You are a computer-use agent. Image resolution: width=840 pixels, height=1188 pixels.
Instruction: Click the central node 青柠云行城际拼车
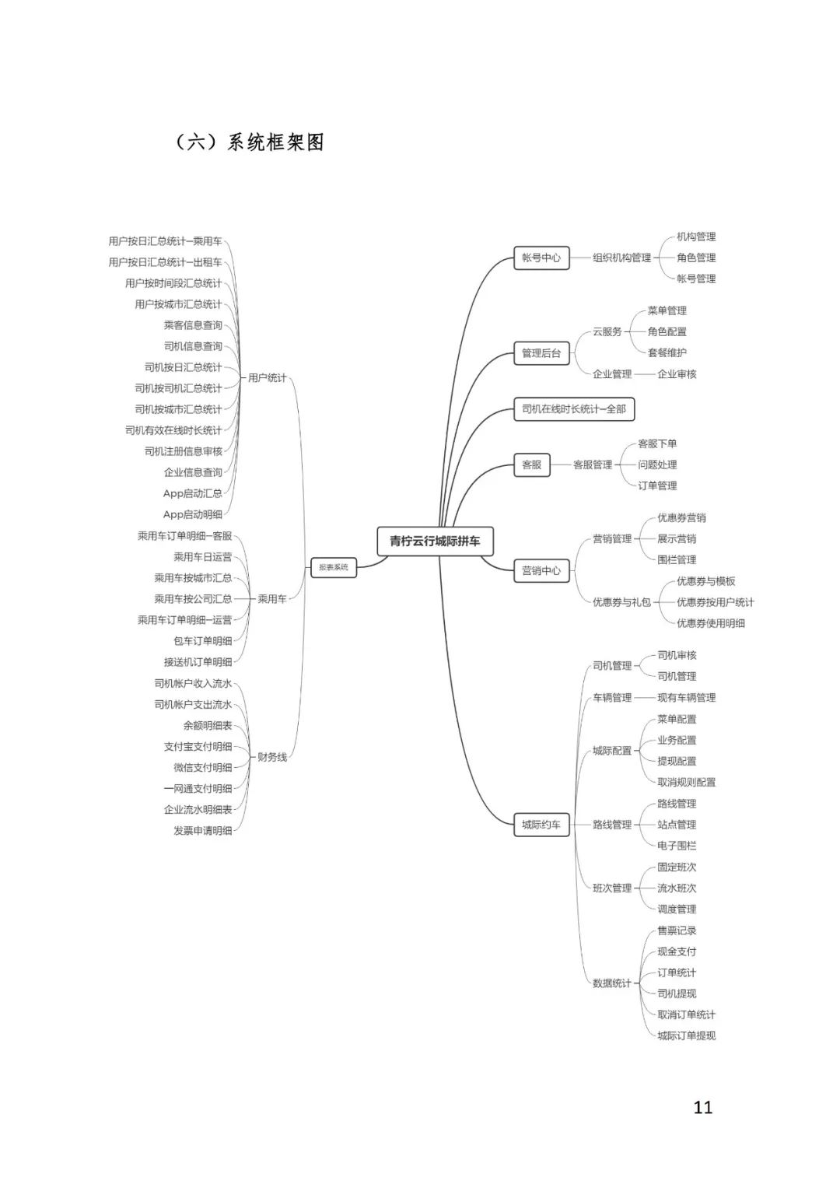click(435, 541)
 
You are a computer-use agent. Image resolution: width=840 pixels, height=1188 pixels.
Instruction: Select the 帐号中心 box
click(541, 258)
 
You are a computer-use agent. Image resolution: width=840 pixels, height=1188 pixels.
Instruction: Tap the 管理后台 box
click(541, 353)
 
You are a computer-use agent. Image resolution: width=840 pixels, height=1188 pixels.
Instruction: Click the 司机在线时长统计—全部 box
click(574, 408)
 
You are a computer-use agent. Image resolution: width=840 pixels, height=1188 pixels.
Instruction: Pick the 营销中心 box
click(541, 570)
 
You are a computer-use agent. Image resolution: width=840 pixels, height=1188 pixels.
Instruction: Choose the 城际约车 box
click(541, 825)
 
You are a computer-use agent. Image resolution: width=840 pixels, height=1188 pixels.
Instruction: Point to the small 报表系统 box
click(334, 567)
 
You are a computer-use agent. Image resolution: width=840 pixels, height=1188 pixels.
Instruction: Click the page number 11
click(703, 1107)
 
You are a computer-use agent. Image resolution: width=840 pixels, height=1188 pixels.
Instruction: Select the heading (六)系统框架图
click(250, 142)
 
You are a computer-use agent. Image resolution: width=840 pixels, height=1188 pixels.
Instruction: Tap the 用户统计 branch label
click(267, 378)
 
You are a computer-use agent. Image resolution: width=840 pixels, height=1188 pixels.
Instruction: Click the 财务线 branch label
click(272, 757)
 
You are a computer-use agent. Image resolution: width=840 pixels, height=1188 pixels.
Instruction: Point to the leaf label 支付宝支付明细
click(198, 746)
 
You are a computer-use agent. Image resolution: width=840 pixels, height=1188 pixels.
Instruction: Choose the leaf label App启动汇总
click(192, 493)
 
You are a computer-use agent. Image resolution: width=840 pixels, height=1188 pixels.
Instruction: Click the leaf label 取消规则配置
click(686, 782)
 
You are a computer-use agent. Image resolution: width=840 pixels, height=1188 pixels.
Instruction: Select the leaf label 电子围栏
click(677, 846)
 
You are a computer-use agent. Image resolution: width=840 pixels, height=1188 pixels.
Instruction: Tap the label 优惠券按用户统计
click(715, 602)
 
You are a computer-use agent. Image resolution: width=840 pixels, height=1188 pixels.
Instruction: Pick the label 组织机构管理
click(621, 258)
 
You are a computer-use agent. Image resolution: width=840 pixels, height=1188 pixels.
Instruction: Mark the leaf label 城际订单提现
click(686, 1036)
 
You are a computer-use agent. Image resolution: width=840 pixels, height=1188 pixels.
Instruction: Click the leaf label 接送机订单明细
click(198, 662)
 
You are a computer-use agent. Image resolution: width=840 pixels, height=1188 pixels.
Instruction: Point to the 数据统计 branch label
click(612, 983)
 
